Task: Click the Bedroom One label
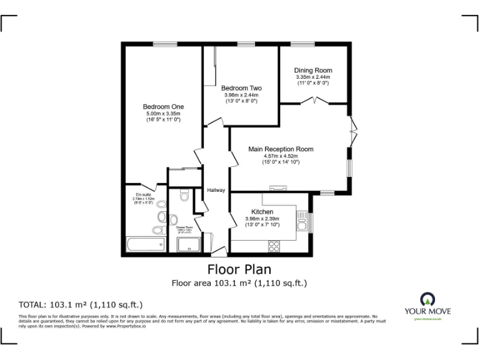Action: (x=163, y=107)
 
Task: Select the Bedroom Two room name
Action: (x=241, y=88)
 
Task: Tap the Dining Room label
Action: (x=313, y=71)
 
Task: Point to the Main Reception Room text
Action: (x=281, y=149)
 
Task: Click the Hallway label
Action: (x=216, y=190)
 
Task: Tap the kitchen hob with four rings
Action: (x=274, y=246)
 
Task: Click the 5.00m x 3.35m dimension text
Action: (x=163, y=114)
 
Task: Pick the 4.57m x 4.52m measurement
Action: (x=281, y=156)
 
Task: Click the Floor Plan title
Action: (x=239, y=269)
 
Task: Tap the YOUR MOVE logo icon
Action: (x=427, y=298)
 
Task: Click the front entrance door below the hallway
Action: (x=219, y=251)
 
